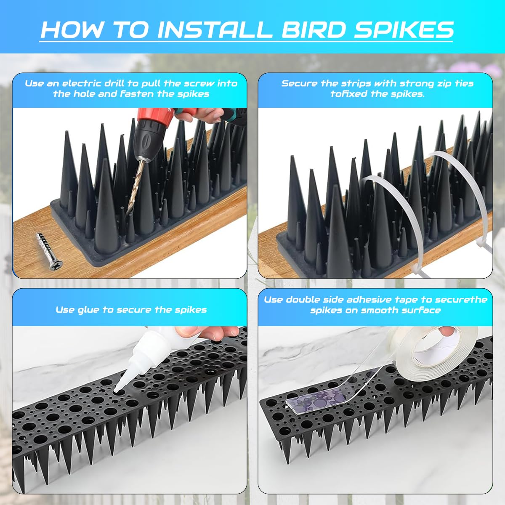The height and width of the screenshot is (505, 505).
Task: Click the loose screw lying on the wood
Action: point(50,251)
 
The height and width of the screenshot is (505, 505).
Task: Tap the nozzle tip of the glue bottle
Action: point(116,390)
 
